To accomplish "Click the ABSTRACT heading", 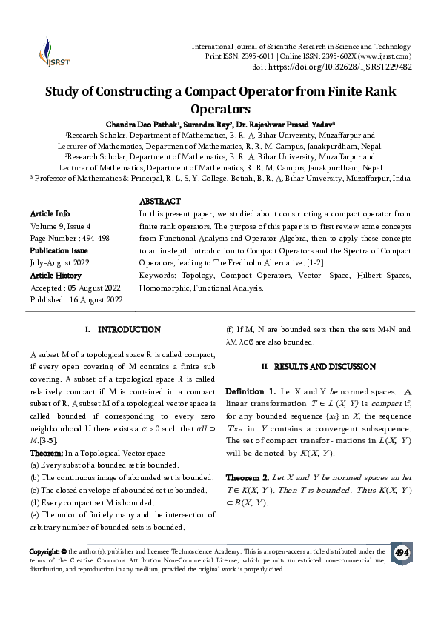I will click(x=159, y=201).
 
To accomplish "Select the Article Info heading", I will click(x=50, y=213).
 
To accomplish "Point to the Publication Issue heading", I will click(x=59, y=250).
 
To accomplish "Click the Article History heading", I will click(x=56, y=275).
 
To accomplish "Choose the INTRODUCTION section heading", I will click(x=129, y=328).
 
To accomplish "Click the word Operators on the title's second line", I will click(x=221, y=108).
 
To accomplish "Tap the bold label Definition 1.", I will click(x=251, y=390).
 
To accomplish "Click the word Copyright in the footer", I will click(x=43, y=551).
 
